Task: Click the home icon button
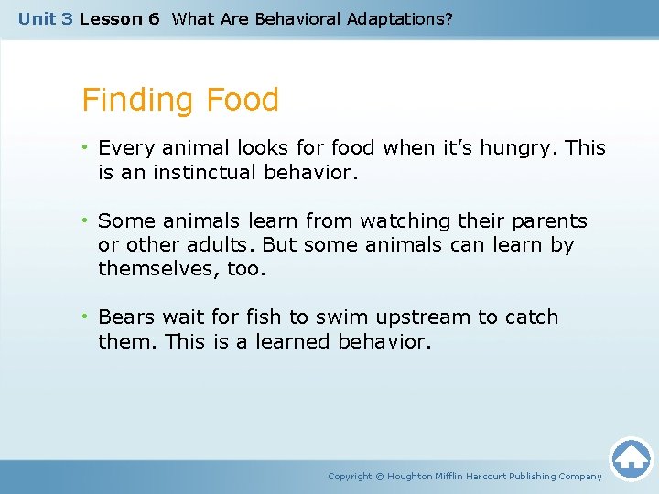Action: (x=631, y=458)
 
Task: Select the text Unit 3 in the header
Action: (x=45, y=18)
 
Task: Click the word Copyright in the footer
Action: (x=350, y=477)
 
